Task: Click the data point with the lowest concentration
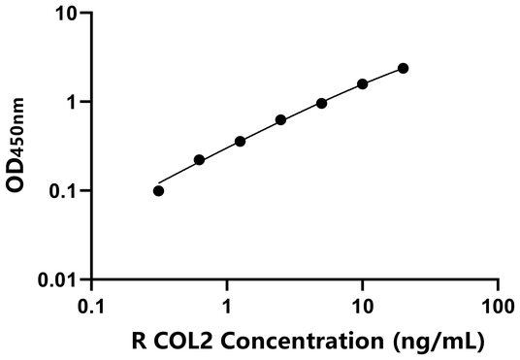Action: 159,190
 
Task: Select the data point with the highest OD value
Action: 403,68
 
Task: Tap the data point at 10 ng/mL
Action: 362,83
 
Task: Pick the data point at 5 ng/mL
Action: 321,103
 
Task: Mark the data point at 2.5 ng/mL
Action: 280,120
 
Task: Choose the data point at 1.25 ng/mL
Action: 240,142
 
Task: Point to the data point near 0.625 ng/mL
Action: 199,160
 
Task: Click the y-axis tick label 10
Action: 64,14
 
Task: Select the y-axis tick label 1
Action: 71,102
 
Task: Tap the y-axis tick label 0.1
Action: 63,191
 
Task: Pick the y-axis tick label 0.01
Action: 57,280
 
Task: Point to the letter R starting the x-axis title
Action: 138,341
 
